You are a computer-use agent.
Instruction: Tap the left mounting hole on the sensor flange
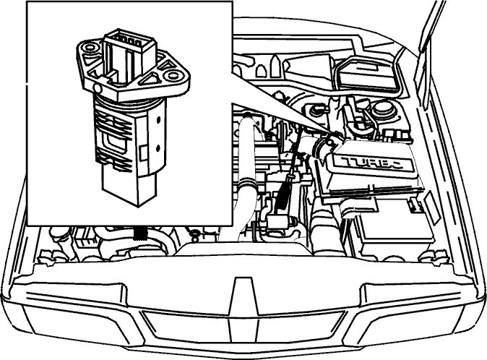[x=90, y=48]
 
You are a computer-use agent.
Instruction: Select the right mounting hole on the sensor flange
[x=172, y=76]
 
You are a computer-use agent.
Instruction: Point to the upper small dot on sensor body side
[x=158, y=119]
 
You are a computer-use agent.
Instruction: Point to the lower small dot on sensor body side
[x=158, y=147]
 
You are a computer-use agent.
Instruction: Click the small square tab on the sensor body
[x=144, y=153]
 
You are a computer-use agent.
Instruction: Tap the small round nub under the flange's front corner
[x=98, y=89]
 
